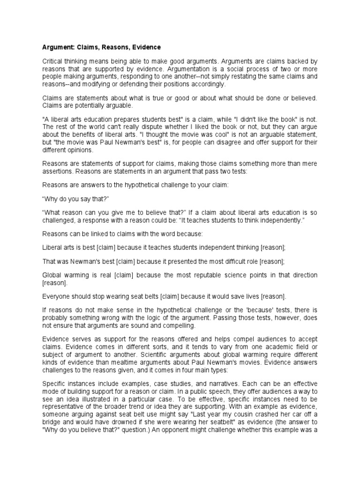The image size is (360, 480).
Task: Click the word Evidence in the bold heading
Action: click(145, 47)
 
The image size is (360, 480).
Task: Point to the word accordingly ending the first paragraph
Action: click(208, 84)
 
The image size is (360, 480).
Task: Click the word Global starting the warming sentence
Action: click(53, 275)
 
